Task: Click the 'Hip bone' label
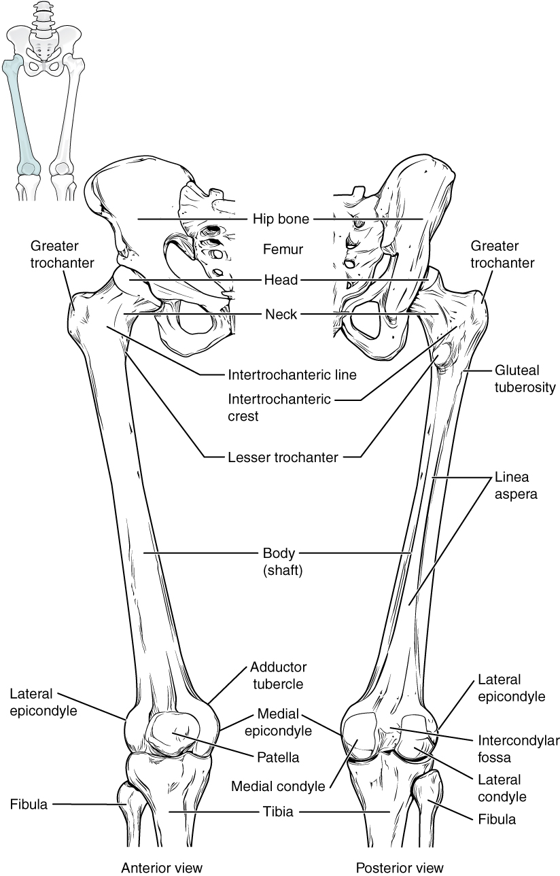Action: point(281,219)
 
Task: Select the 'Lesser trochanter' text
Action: point(283,457)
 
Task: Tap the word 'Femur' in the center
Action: point(283,249)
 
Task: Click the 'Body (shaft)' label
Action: point(283,562)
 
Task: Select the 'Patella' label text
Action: point(279,756)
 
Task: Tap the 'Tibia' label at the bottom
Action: point(279,811)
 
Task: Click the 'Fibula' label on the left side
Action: point(29,805)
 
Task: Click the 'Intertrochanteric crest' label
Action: point(280,407)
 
